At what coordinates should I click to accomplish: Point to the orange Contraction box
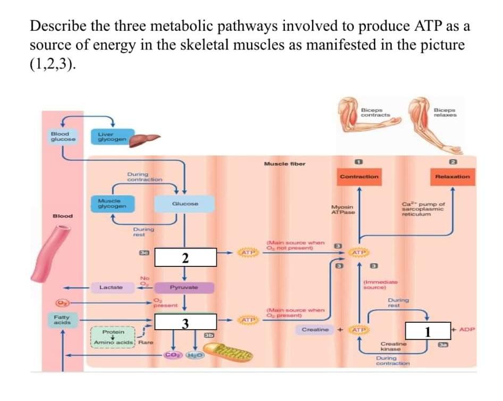tap(359, 176)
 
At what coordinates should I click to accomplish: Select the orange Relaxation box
tap(452, 176)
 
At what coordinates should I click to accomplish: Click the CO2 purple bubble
tap(172, 355)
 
